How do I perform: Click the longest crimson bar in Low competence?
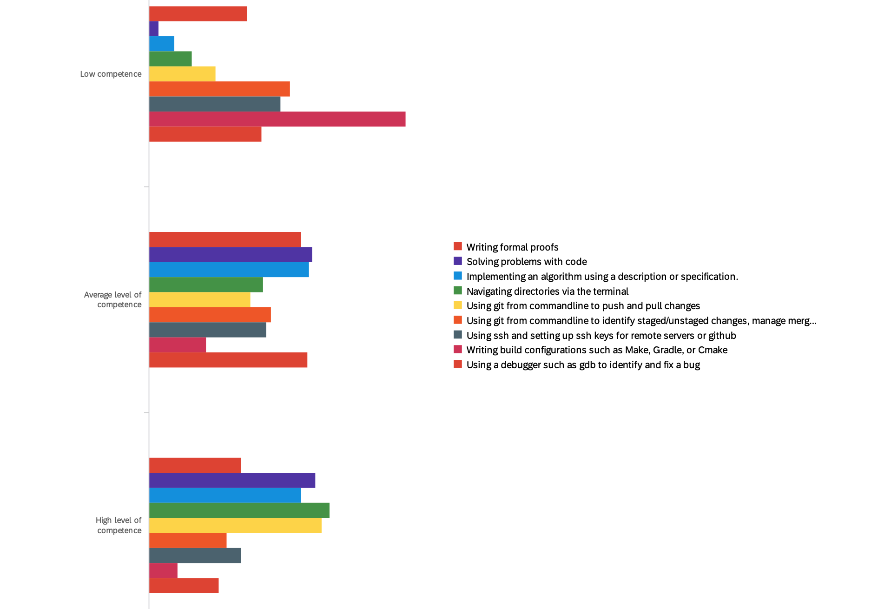click(x=277, y=119)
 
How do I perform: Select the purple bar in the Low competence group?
click(x=154, y=29)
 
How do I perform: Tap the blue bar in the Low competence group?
click(x=162, y=44)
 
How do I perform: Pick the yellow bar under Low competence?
click(x=182, y=74)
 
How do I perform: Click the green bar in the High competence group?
click(x=239, y=510)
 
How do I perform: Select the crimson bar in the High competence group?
click(x=163, y=570)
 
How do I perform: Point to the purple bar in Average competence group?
click(x=231, y=255)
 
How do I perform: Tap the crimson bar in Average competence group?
click(x=178, y=345)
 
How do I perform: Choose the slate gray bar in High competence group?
click(x=195, y=556)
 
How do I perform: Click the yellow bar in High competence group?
click(x=235, y=525)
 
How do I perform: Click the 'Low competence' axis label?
click(x=111, y=74)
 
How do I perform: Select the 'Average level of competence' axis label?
click(x=113, y=300)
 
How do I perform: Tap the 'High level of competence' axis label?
click(x=119, y=525)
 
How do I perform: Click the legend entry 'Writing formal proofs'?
click(x=512, y=247)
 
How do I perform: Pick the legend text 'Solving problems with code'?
click(x=526, y=262)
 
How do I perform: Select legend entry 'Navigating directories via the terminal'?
click(x=547, y=291)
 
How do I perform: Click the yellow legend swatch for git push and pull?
click(x=458, y=305)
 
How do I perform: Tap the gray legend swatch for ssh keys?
click(x=458, y=335)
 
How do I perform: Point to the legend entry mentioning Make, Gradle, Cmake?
click(x=596, y=350)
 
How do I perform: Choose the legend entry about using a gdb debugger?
click(x=583, y=365)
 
